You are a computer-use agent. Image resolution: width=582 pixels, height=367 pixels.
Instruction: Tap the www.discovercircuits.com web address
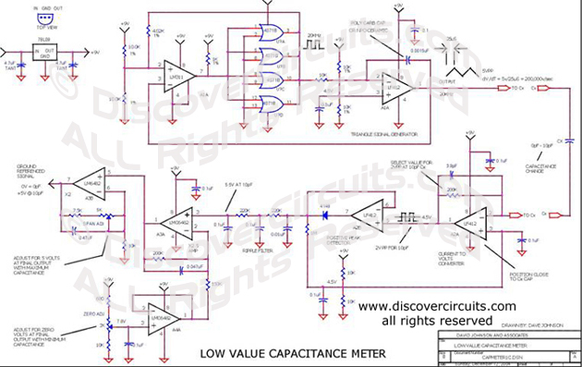coord(437,306)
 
